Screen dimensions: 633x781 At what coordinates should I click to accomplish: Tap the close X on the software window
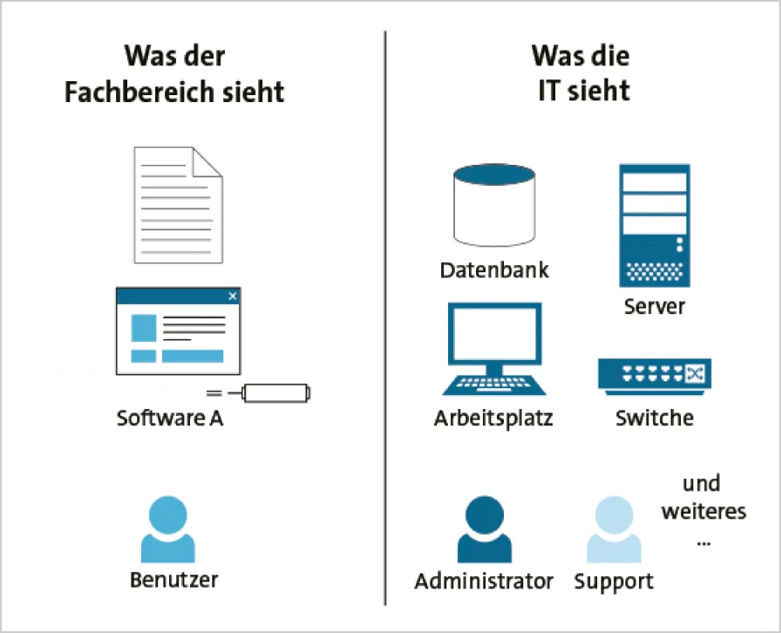(x=233, y=296)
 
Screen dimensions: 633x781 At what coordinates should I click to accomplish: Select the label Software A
(x=170, y=419)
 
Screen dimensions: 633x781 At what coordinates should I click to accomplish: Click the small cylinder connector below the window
(x=276, y=393)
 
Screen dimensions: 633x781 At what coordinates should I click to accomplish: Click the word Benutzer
(x=174, y=579)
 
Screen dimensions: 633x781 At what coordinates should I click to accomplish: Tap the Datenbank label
(x=494, y=269)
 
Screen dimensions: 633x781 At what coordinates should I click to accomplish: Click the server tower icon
(x=654, y=225)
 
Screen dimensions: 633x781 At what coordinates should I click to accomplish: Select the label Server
(x=655, y=307)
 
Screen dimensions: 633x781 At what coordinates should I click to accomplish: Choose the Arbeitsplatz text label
(x=493, y=419)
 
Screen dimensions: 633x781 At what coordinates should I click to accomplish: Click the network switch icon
(x=654, y=374)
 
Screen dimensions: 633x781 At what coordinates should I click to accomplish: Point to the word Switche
(x=655, y=418)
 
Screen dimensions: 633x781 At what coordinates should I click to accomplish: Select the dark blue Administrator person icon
(x=484, y=529)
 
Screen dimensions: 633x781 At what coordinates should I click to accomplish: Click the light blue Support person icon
(x=614, y=529)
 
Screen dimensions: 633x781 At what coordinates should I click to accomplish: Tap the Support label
(x=614, y=581)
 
